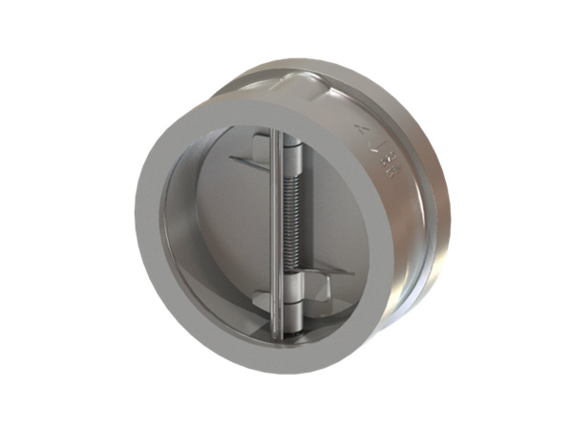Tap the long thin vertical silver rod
tap(275, 239)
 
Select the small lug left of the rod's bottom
tap(263, 308)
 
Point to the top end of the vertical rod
tap(275, 135)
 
